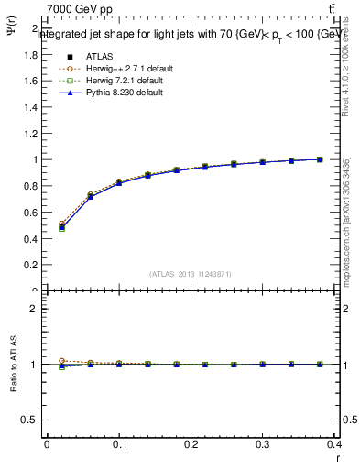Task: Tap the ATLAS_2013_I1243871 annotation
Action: coord(191,273)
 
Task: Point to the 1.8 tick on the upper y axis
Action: coord(30,55)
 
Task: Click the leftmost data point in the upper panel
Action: coord(61,226)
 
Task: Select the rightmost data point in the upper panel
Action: coord(320,159)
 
